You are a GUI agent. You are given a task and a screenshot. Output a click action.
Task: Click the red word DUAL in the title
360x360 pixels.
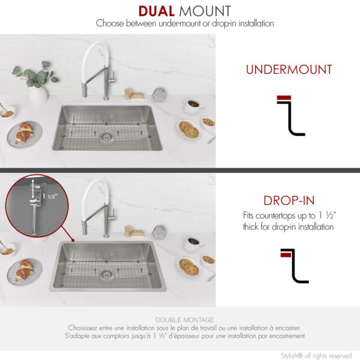coord(157,11)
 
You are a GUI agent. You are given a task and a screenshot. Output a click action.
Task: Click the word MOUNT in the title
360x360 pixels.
coord(205,11)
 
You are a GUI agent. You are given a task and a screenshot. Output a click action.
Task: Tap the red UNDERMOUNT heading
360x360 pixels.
coord(289,70)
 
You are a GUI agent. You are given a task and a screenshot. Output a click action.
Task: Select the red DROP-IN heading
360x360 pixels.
coord(289,200)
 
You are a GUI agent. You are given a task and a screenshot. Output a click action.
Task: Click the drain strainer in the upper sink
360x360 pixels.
coord(106,137)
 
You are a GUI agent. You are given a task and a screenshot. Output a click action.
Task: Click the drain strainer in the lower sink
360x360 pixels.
coord(106,274)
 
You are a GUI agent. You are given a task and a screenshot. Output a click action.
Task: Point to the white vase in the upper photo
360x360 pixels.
coord(38,96)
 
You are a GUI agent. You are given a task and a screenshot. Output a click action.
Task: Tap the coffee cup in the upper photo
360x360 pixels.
coord(193,107)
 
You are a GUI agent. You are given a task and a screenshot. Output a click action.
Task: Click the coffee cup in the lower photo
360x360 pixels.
coord(193,244)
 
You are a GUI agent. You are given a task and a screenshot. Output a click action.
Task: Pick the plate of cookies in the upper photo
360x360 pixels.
coord(188,129)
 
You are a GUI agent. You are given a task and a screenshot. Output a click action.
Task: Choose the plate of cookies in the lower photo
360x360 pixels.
coord(189,267)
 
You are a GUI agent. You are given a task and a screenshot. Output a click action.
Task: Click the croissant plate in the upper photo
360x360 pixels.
coord(25,134)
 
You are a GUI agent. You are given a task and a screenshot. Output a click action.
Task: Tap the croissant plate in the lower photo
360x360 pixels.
coord(25,272)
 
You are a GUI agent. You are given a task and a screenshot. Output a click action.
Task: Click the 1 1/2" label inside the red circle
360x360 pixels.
coord(50,197)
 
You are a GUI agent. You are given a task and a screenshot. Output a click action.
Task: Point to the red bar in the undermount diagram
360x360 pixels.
coord(284,98)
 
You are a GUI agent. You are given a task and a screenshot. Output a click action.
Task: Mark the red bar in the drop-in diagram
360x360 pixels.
coord(286,254)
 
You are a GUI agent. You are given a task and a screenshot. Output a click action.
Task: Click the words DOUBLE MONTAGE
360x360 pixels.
coord(185,320)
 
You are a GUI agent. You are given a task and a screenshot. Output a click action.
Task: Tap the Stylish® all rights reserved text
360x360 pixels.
coord(316,355)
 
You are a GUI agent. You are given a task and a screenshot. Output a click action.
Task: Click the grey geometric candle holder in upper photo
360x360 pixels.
coord(159,94)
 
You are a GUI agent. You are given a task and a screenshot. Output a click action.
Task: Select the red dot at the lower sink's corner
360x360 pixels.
coord(73,241)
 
